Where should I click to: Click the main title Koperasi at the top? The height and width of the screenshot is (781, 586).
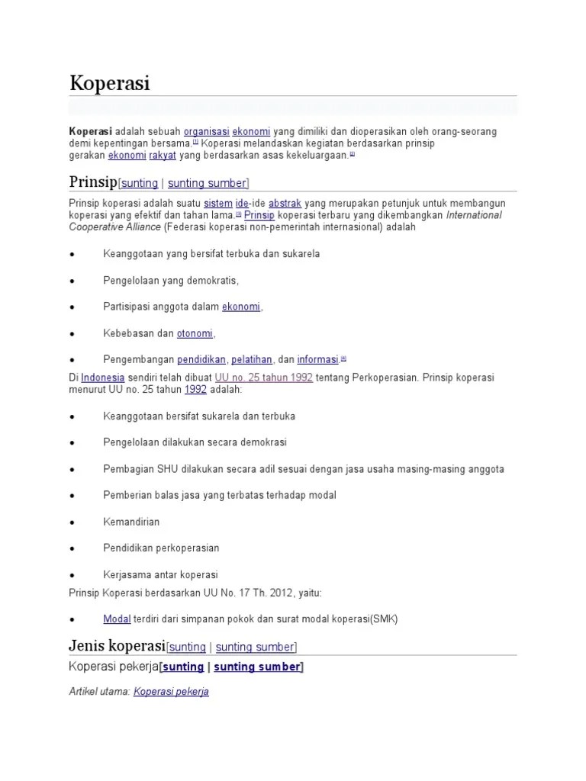pos(109,82)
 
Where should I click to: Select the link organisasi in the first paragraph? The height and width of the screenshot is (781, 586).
pos(206,131)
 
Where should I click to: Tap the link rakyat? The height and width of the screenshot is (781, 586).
pos(163,155)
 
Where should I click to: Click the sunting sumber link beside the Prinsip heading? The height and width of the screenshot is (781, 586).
pos(207,183)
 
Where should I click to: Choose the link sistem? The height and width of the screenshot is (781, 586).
pos(217,204)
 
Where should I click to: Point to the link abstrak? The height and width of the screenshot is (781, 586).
pos(285,204)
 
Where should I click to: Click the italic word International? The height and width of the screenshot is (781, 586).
pos(474,215)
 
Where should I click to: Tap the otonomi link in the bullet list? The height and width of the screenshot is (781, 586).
pos(195,333)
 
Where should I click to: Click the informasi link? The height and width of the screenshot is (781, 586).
pos(317,359)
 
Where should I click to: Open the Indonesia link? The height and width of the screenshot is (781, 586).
pos(103,378)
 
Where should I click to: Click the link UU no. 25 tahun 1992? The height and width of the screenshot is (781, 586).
pos(264,378)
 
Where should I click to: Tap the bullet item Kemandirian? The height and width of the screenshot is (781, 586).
pos(131,522)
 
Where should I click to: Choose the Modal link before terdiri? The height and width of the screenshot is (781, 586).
pos(117,619)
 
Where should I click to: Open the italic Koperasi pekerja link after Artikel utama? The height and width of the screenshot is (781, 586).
pos(171,692)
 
